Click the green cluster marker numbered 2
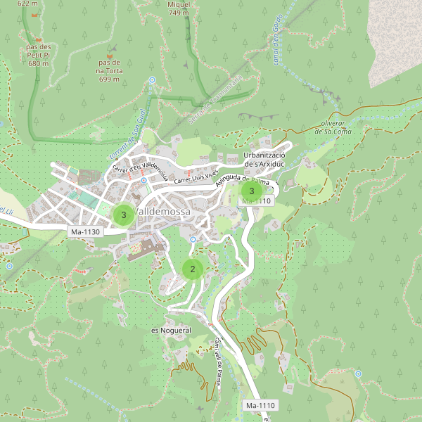(x=192, y=269)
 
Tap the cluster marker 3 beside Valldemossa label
(x=124, y=215)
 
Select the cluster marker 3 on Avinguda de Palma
(x=252, y=191)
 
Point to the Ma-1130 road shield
(x=85, y=231)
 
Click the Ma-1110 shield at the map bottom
(x=260, y=406)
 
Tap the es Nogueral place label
(x=171, y=330)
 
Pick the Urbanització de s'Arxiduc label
(x=264, y=160)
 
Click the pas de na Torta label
(x=109, y=70)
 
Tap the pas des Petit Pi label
(x=39, y=55)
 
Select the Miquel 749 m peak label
(x=179, y=8)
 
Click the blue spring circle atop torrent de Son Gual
(x=153, y=80)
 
